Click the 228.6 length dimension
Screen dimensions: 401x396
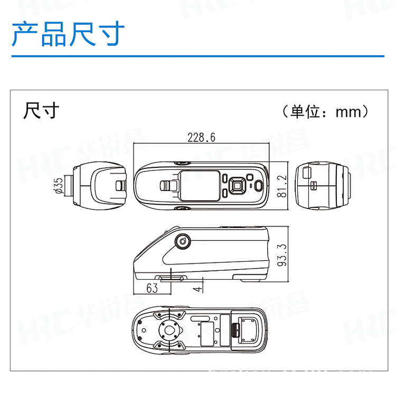click(201, 138)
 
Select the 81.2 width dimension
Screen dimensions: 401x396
click(282, 186)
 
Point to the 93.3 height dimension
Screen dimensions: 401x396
click(282, 254)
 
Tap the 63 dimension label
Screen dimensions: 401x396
click(152, 288)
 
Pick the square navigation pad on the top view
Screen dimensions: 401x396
click(237, 185)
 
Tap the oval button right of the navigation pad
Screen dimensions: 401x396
click(258, 186)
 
